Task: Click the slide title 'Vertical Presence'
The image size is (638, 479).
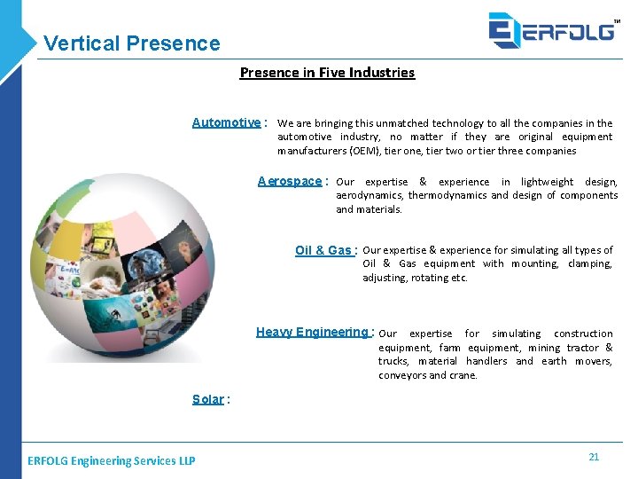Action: [x=131, y=43]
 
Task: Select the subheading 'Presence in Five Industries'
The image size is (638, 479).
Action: [x=327, y=73]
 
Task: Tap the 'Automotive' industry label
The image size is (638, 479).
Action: [x=227, y=122]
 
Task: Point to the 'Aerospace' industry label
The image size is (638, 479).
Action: [x=290, y=181]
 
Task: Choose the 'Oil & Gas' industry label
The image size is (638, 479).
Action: [x=323, y=250]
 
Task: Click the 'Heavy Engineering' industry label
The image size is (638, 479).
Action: [x=312, y=332]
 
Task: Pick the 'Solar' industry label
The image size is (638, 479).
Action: [x=208, y=399]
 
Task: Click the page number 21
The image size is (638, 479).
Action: [x=594, y=457]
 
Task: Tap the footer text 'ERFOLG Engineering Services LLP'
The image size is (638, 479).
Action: [x=112, y=460]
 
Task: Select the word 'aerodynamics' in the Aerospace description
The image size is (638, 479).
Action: [x=370, y=195]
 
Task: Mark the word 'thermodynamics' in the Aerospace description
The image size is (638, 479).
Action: [x=448, y=195]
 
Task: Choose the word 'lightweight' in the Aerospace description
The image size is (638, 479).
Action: [x=548, y=182]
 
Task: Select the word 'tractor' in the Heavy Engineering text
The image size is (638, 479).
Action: [x=584, y=348]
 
